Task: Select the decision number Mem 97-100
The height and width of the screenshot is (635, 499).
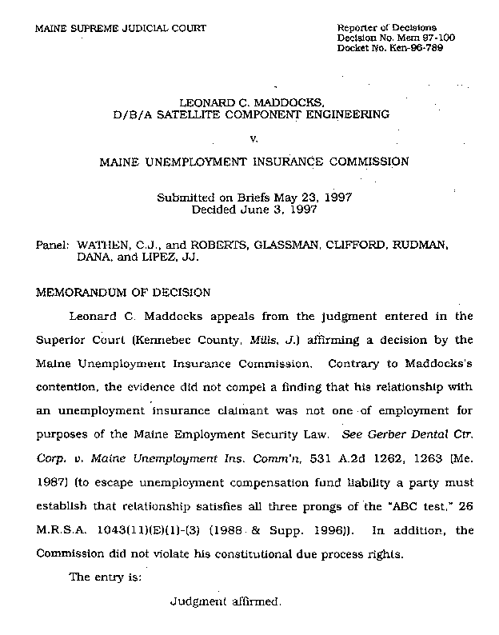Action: point(413,38)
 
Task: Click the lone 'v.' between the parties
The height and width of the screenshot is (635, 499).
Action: point(253,138)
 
